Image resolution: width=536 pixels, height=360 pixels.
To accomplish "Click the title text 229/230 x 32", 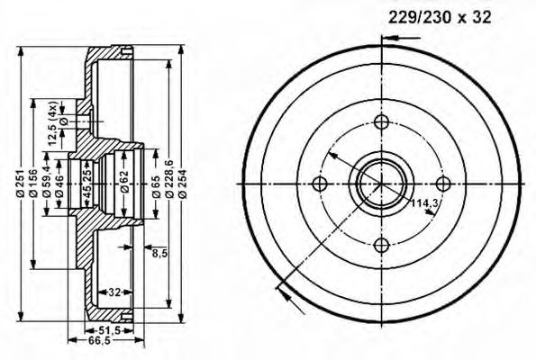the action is pyautogui.click(x=440, y=17).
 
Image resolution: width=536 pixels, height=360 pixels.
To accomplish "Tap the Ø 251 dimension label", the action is pyautogui.click(x=21, y=184).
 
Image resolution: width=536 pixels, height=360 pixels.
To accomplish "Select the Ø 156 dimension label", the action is pyautogui.click(x=33, y=184).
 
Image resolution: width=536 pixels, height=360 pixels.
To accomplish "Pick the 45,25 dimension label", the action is pyautogui.click(x=87, y=184).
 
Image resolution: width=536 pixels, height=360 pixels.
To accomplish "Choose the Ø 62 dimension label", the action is pyautogui.click(x=124, y=182).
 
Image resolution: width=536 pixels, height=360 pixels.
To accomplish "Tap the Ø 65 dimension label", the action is pyautogui.click(x=156, y=186).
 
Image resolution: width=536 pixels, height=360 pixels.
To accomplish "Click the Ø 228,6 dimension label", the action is pyautogui.click(x=168, y=178).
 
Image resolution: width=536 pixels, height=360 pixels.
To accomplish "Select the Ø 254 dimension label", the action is pyautogui.click(x=182, y=184).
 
